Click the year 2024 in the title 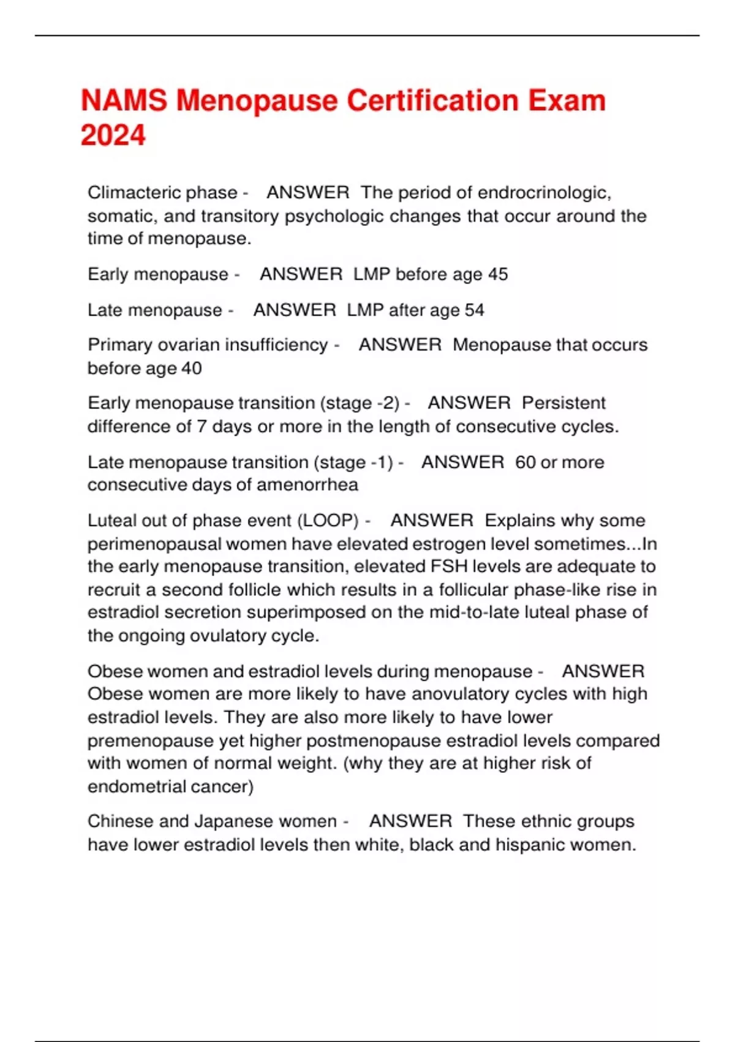point(113,135)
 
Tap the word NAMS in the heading point(123,101)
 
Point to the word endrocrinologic point(544,192)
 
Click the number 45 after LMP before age point(498,274)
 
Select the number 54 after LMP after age point(474,310)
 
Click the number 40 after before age point(192,368)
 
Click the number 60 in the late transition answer point(526,462)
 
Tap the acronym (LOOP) point(328,520)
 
